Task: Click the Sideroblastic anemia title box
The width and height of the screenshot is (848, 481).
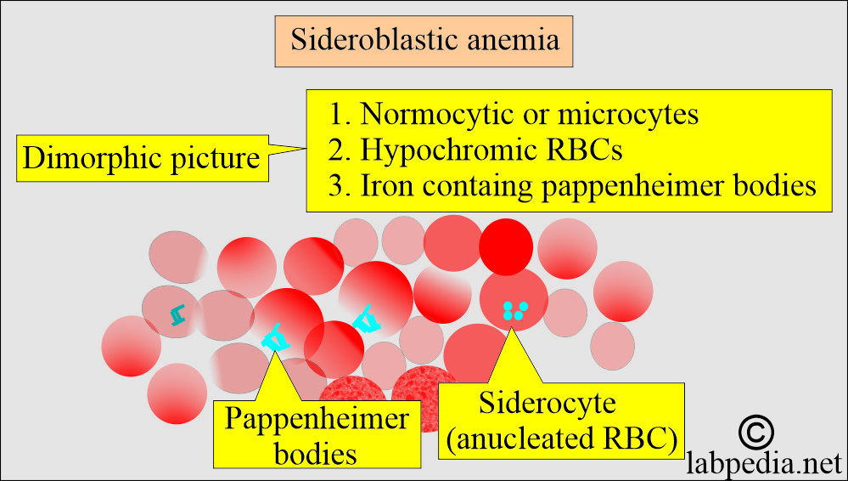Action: tap(424, 41)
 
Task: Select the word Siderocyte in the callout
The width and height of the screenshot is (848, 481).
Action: tap(548, 404)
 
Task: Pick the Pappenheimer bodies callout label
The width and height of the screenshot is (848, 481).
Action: tap(317, 435)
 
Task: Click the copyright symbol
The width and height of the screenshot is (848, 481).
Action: tap(756, 432)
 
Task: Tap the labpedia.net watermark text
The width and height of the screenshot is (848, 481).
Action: tap(764, 463)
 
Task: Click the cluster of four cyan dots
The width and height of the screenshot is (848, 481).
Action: tap(515, 310)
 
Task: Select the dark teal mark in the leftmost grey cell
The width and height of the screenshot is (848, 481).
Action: tap(177, 314)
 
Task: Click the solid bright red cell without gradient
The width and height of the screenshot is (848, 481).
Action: tap(506, 247)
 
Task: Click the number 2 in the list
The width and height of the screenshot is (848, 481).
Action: tap(336, 151)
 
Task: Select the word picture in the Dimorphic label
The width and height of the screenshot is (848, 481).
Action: tap(216, 160)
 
